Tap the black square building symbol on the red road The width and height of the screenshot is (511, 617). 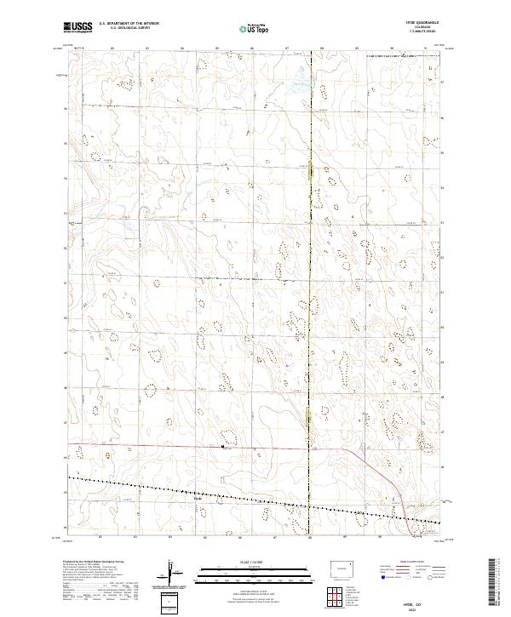(x=222, y=445)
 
